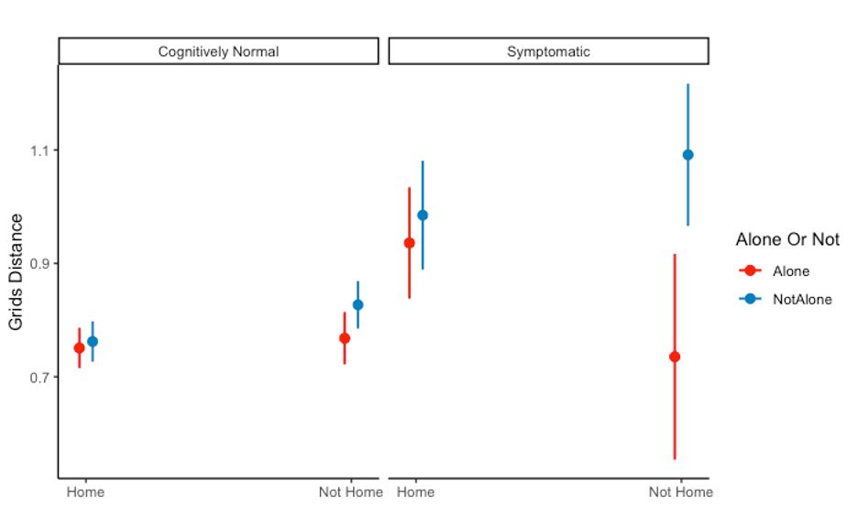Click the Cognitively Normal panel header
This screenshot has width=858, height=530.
[218, 51]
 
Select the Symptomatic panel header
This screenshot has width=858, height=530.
[548, 51]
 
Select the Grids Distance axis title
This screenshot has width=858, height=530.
[16, 271]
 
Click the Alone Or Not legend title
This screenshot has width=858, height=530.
[787, 239]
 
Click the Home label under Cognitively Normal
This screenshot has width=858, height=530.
[85, 492]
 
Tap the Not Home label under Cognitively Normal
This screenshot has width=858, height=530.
[350, 492]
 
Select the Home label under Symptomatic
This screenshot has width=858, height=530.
[415, 492]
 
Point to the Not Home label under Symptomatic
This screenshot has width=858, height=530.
[680, 492]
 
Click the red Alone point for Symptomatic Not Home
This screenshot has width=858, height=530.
[675, 357]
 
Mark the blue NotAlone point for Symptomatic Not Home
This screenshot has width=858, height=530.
[688, 155]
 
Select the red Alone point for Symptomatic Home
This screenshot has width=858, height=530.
[410, 243]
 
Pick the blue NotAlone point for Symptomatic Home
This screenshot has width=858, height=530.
[423, 215]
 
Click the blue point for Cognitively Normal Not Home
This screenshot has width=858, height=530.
[357, 304]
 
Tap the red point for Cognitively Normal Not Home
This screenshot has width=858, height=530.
[345, 338]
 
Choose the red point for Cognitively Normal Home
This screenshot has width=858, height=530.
[79, 348]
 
